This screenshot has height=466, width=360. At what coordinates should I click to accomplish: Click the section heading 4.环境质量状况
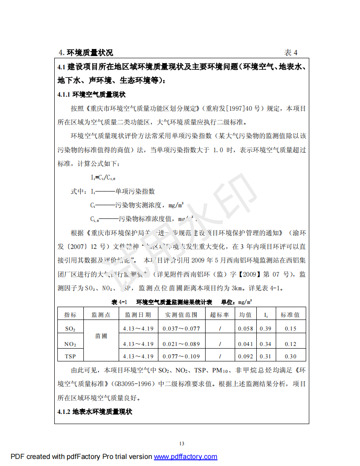pyautogui.click(x=86, y=53)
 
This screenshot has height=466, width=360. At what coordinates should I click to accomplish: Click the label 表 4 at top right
pyautogui.click(x=291, y=53)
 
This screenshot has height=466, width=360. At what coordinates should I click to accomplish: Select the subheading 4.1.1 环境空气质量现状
pyautogui.click(x=92, y=94)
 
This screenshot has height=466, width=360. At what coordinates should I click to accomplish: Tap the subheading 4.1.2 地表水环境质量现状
pyautogui.click(x=95, y=412)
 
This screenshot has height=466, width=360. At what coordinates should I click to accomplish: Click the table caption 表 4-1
pyautogui.click(x=119, y=302)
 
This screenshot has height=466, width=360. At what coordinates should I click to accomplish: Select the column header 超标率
pyautogui.click(x=219, y=315)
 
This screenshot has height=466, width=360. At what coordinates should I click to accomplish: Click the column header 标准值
pyautogui.click(x=290, y=315)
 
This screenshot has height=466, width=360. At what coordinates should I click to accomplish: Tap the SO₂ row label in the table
pyautogui.click(x=70, y=329)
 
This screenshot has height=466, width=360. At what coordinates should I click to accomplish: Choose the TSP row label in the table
pyautogui.click(x=70, y=357)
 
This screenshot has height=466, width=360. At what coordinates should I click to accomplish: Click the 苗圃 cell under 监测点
pyautogui.click(x=101, y=336)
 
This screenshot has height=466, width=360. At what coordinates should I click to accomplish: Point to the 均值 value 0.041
pyautogui.click(x=245, y=344)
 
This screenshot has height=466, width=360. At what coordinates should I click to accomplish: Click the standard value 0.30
pyautogui.click(x=290, y=357)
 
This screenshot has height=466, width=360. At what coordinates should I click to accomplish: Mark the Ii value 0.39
pyautogui.click(x=266, y=329)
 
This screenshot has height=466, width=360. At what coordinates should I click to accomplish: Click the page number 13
pyautogui.click(x=182, y=443)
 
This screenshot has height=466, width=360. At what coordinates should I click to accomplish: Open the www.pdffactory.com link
pyautogui.click(x=185, y=457)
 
